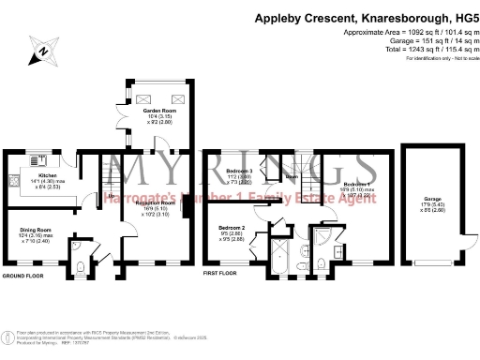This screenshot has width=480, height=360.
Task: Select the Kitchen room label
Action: pyautogui.click(x=48, y=174)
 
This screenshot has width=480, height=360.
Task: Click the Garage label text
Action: pyautogui.click(x=432, y=200)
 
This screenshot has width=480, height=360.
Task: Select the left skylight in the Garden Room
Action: pyautogui.click(x=143, y=97)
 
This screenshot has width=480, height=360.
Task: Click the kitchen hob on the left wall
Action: pyautogui.click(x=13, y=178)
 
